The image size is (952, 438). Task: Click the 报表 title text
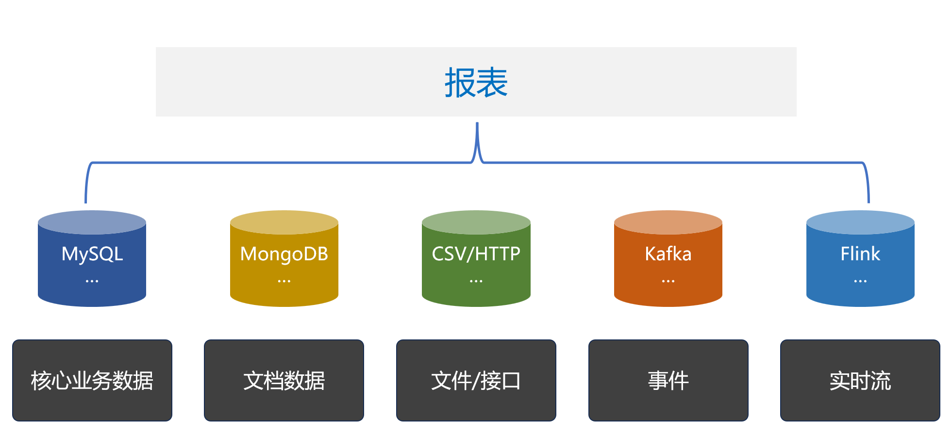coord(476,83)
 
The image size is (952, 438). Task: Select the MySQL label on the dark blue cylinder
coord(92,254)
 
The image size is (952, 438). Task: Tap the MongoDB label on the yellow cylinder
coord(284,254)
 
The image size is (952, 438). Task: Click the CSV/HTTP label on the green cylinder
coord(476,254)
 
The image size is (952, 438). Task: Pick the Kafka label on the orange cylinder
coord(668,254)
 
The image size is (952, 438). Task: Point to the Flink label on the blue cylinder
coord(860,254)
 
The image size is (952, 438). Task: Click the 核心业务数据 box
coord(92,380)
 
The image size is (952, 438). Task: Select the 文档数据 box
coord(284,380)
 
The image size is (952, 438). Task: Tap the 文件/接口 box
coord(476,380)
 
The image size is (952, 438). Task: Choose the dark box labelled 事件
coord(668,380)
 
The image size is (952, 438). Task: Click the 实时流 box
coord(860,380)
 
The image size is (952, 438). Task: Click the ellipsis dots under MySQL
coord(92,281)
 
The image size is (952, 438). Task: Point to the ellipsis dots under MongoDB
coord(284,281)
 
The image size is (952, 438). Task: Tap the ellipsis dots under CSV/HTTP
coord(476,281)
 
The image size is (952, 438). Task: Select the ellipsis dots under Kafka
coord(668,281)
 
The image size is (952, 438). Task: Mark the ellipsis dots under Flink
coord(860,281)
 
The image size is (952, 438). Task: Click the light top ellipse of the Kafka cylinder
coord(668,221)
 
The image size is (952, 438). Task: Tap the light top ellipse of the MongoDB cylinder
coord(284,221)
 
